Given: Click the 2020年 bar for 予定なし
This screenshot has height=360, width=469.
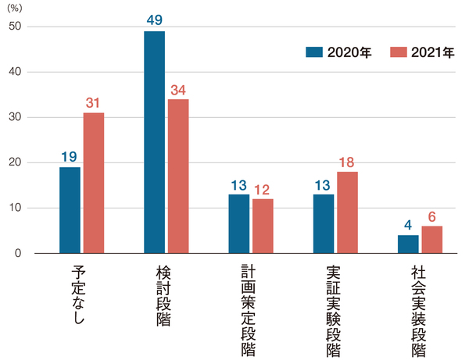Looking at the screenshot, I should pos(70,210).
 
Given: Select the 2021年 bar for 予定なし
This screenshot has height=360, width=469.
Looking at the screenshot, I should pos(94,183).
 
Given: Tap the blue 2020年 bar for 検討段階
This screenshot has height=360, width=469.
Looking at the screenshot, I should pos(154,142).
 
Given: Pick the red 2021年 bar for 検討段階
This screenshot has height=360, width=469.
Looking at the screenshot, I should pos(178,176).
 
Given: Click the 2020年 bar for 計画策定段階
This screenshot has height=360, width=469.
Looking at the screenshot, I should pos(238,223).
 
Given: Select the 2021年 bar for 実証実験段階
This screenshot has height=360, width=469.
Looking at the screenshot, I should pos(348,212).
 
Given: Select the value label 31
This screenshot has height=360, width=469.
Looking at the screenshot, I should pos(94,102).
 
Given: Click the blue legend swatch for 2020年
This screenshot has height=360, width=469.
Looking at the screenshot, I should pos(314,52).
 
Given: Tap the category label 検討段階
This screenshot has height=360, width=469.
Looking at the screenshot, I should pos(165,297).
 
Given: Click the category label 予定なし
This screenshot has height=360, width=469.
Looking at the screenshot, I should pos(81,293).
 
